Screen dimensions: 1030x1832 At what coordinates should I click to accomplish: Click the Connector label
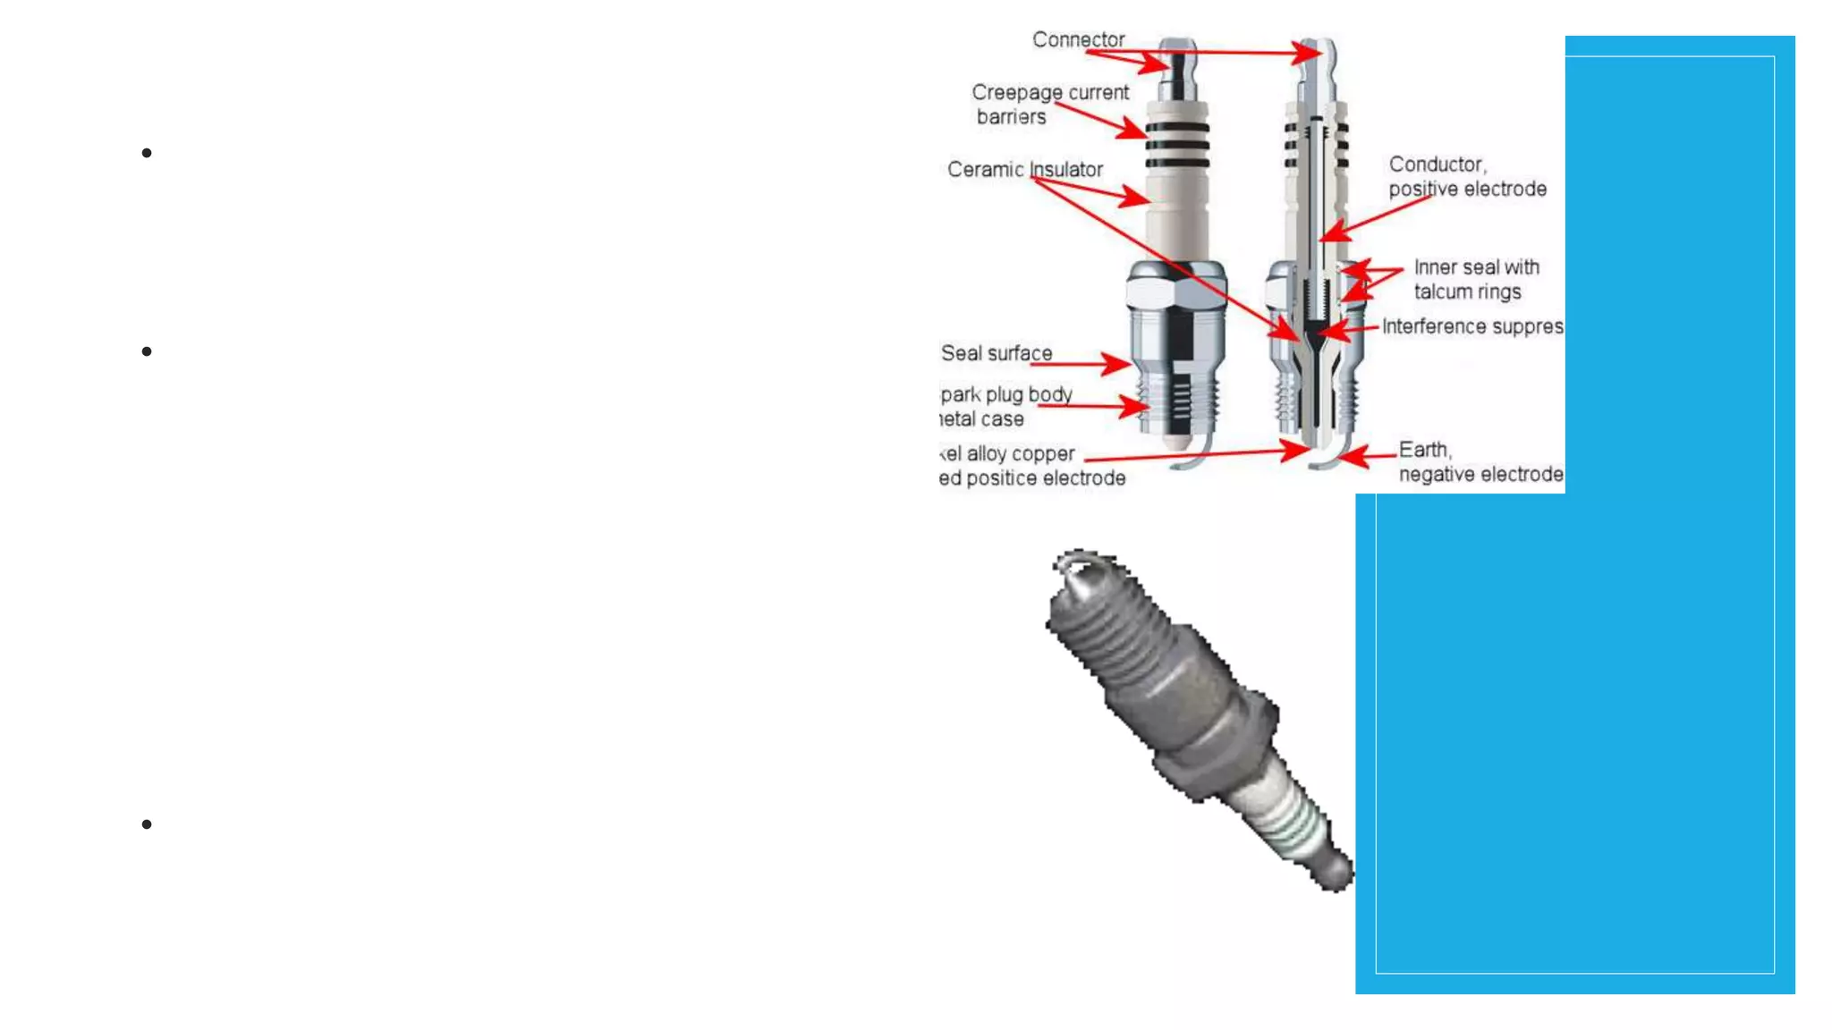(1078, 40)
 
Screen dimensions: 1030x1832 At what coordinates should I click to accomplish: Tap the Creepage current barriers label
(1049, 105)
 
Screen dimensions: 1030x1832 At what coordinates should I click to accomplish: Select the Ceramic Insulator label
(1024, 170)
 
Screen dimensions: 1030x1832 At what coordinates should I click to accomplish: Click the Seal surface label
(996, 353)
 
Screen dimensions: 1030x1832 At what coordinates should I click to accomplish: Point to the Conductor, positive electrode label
(1467, 177)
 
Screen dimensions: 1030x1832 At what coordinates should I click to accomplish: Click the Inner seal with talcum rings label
(1476, 279)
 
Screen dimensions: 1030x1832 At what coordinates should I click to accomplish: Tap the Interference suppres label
(1472, 327)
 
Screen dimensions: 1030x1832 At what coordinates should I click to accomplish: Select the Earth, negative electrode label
(1480, 462)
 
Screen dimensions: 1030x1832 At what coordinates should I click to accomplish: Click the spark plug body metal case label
(1005, 407)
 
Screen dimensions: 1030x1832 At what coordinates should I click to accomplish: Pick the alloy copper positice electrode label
(1031, 466)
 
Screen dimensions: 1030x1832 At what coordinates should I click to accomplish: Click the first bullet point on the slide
(147, 154)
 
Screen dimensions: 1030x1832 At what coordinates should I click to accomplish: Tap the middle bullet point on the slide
(147, 352)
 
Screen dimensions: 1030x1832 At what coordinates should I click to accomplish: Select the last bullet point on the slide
(147, 824)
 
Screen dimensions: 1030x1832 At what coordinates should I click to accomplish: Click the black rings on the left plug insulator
(1177, 145)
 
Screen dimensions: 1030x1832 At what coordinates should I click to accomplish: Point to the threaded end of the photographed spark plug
(1109, 626)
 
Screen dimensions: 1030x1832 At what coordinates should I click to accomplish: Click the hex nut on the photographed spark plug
(1217, 742)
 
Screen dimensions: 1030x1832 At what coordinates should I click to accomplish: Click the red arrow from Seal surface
(1091, 364)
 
